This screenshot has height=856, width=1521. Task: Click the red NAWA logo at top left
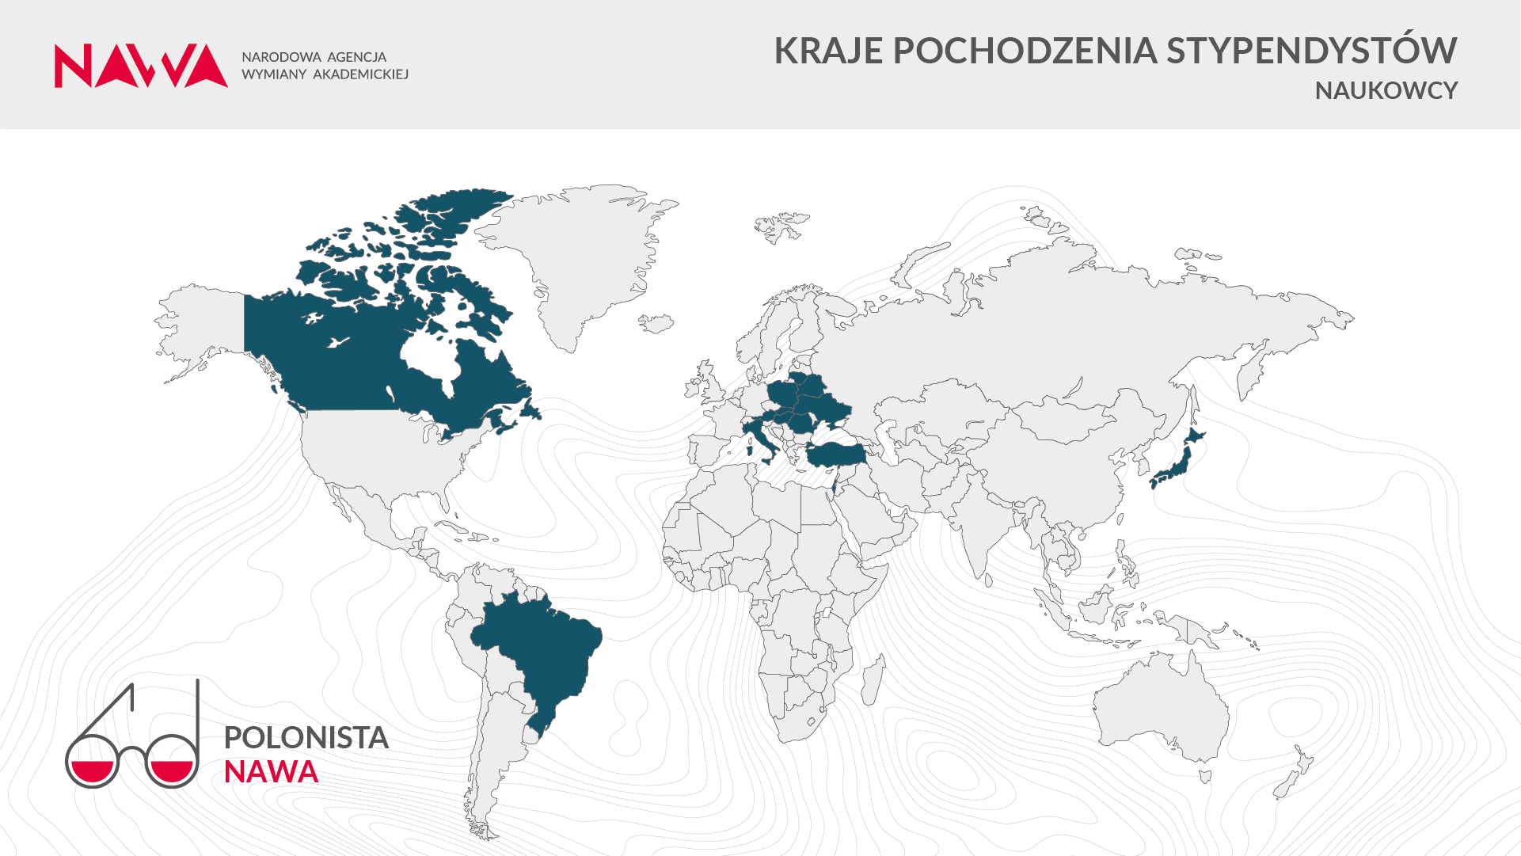(141, 66)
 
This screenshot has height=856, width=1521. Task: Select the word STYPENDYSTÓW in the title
(1311, 51)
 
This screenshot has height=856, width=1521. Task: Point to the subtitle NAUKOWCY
(1386, 91)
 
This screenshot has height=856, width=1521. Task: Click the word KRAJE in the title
(827, 51)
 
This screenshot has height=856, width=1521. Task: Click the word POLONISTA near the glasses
(306, 737)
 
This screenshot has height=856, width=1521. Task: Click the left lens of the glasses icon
(92, 762)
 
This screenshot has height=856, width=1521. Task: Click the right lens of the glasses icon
(172, 762)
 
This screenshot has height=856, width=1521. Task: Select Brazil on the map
(546, 649)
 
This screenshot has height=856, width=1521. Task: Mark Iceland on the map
(656, 323)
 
